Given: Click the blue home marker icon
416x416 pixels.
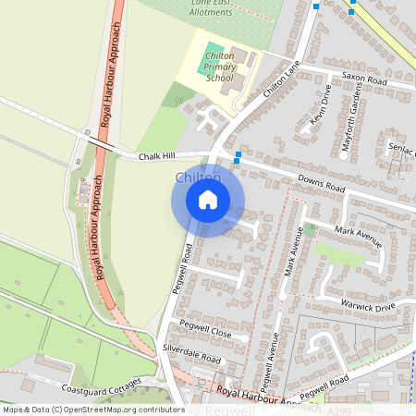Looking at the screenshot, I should (208, 199).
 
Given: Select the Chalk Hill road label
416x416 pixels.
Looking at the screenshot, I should (156, 157).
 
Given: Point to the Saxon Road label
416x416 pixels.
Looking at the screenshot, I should (364, 80).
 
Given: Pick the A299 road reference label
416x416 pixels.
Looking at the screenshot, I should (340, 408).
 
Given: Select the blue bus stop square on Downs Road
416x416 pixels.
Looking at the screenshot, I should (238, 156).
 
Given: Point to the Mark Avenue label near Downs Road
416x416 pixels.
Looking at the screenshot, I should (359, 237).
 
